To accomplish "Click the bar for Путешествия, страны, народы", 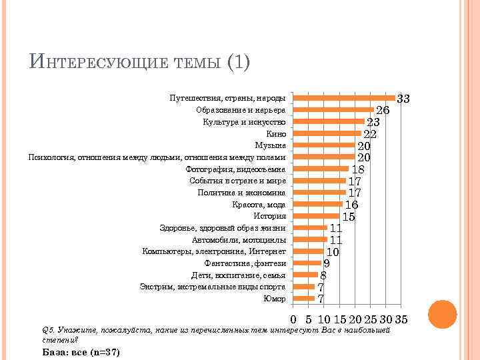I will click(344, 98).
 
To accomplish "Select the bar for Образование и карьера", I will click(334, 109).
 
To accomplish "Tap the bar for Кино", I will click(327, 133).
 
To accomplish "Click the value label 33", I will click(403, 99).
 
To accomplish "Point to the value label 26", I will click(383, 110).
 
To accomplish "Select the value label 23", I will click(373, 122).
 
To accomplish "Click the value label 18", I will click(358, 169).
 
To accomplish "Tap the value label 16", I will click(352, 205).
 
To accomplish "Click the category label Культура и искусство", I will click(245, 121).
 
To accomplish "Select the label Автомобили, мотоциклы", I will click(239, 239).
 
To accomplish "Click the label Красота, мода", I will click(259, 204).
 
